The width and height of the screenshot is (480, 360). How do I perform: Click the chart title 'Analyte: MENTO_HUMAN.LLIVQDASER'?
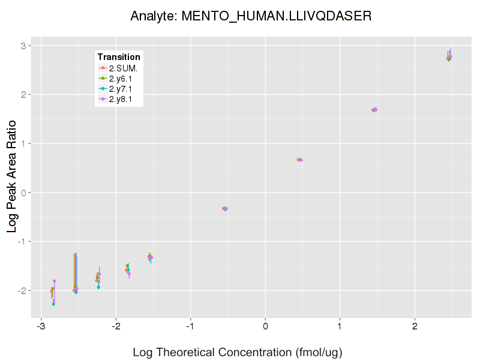[251, 16]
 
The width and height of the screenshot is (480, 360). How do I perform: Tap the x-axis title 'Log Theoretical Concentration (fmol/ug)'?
[237, 352]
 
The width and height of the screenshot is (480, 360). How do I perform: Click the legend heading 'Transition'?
[119, 57]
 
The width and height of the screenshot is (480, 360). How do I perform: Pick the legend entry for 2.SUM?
[123, 68]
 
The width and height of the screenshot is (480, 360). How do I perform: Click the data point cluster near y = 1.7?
[374, 110]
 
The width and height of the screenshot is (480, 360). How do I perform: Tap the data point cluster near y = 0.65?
[299, 160]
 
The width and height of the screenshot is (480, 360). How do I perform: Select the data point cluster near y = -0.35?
[225, 209]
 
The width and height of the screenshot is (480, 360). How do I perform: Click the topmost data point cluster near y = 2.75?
[449, 58]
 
